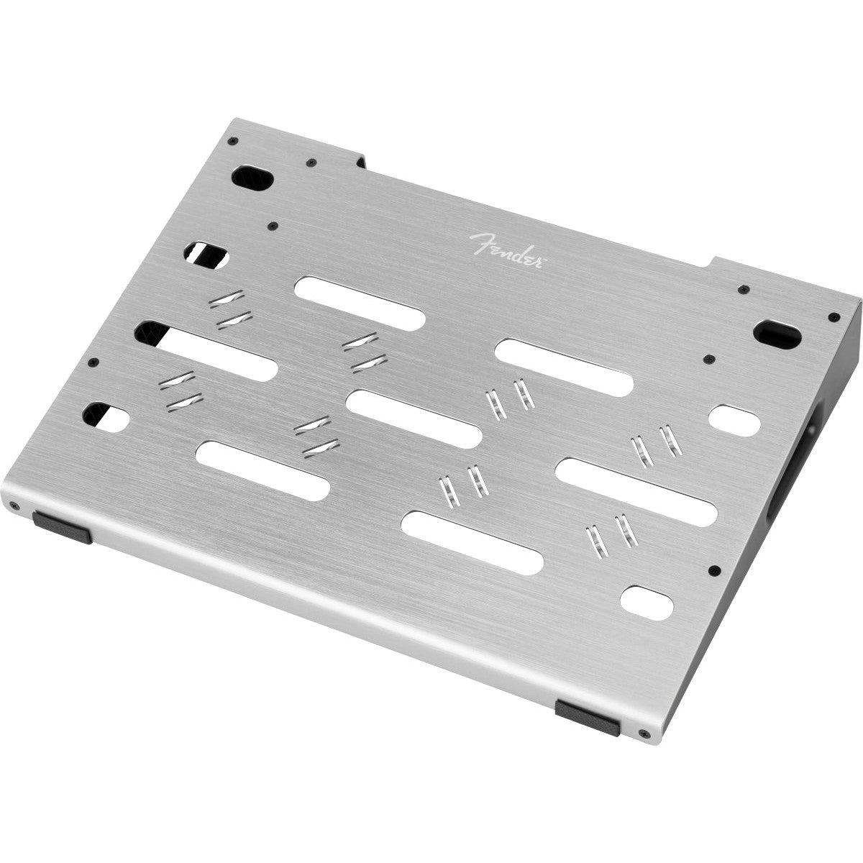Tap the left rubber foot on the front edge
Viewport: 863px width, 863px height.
[63, 528]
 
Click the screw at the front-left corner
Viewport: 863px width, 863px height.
[15, 506]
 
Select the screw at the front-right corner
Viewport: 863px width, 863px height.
[645, 734]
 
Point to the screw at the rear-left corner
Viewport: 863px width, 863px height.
[232, 141]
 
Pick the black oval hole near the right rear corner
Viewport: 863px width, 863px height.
[777, 334]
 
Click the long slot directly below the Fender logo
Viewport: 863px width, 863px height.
[360, 303]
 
